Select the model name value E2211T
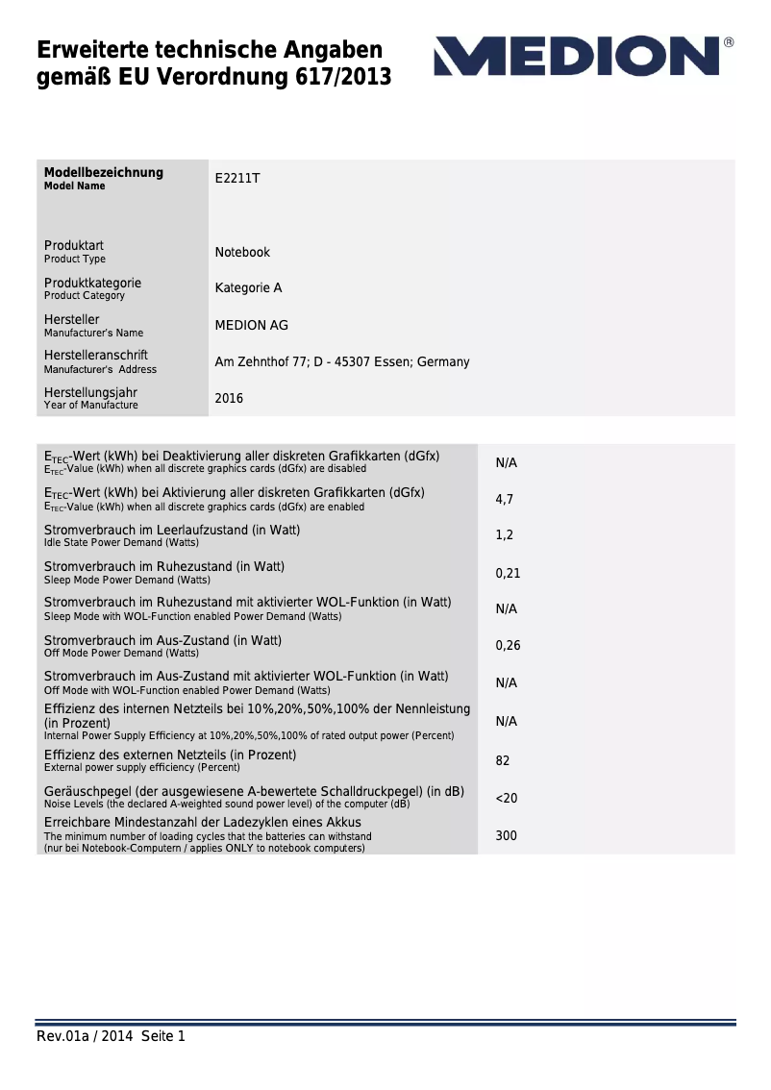[237, 179]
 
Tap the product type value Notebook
[242, 253]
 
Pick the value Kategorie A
[248, 288]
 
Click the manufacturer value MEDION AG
[251, 326]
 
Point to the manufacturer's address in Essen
[341, 362]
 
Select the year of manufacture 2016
[229, 398]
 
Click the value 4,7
[504, 500]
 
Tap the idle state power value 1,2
[504, 535]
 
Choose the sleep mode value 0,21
[508, 573]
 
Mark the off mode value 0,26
[508, 646]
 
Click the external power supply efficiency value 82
[503, 761]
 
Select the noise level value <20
[506, 799]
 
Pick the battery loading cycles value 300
[506, 836]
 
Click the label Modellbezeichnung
[104, 173]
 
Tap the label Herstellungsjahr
[90, 393]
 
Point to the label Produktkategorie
[92, 284]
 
